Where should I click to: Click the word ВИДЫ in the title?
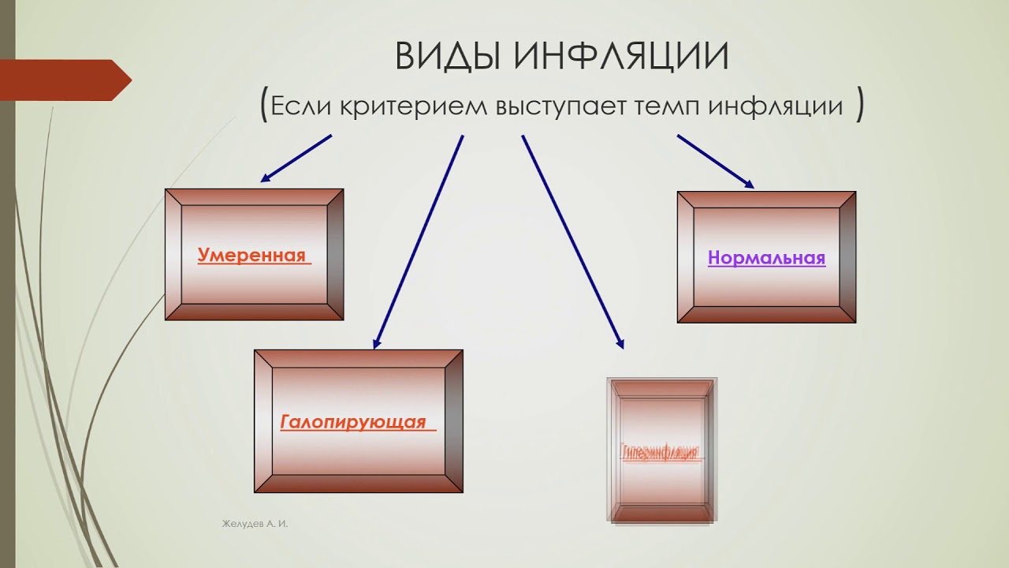[447, 57]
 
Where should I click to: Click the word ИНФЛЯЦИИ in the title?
[622, 57]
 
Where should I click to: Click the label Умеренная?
[251, 256]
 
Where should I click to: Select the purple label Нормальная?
[766, 258]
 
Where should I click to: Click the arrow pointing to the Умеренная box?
[296, 158]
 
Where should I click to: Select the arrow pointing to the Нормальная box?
[715, 161]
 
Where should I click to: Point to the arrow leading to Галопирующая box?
[419, 241]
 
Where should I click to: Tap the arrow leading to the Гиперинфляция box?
[572, 241]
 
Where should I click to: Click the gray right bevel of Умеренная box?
[335, 254]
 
